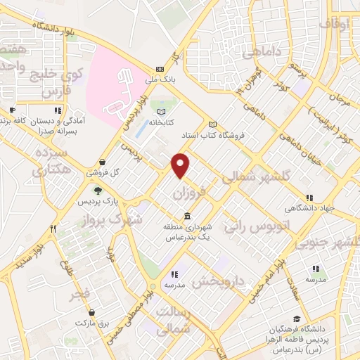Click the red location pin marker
click(181, 165)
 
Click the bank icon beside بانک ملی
click(160, 69)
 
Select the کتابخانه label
click(162, 122)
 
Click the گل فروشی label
click(103, 172)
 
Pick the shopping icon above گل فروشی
click(103, 161)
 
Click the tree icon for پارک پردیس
click(97, 190)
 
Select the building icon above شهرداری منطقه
click(186, 216)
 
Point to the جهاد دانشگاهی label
click(307, 207)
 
